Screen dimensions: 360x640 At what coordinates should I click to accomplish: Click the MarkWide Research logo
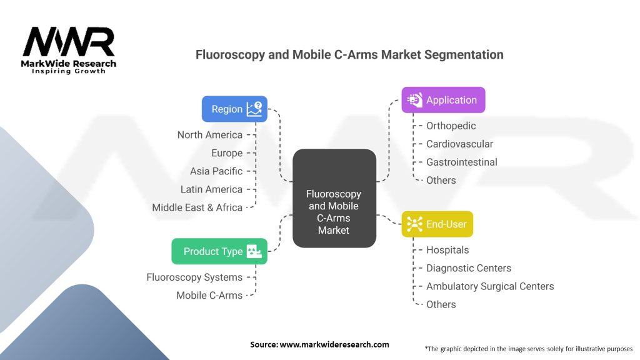[69, 50]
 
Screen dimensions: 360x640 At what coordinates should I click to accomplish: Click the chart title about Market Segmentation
[349, 54]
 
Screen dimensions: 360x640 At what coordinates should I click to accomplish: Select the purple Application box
[443, 100]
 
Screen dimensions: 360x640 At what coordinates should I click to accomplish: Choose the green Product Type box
[219, 251]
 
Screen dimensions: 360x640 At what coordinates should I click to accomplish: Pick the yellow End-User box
[437, 224]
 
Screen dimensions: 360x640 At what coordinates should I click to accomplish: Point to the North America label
[209, 135]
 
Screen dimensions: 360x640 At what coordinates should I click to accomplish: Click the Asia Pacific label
[216, 171]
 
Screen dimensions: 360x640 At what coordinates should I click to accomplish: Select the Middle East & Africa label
[197, 207]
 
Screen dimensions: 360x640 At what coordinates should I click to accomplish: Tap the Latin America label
[211, 189]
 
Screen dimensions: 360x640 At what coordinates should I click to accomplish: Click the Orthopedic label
[451, 126]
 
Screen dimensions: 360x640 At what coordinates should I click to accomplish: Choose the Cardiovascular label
[459, 144]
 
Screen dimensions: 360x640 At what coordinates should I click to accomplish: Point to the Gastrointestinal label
[461, 162]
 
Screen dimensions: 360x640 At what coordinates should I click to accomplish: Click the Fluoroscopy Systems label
[194, 277]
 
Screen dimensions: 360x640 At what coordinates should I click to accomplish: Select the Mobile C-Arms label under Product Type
[209, 295]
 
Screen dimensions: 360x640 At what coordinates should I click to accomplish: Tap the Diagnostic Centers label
[468, 268]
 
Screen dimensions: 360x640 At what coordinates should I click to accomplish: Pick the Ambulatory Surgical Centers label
[489, 286]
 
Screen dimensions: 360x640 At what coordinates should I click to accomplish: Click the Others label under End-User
[441, 304]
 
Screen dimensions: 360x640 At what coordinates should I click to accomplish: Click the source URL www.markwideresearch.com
[334, 344]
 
